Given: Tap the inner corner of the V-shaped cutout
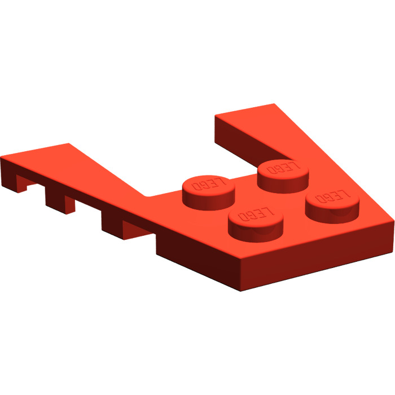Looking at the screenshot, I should point(148,196).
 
